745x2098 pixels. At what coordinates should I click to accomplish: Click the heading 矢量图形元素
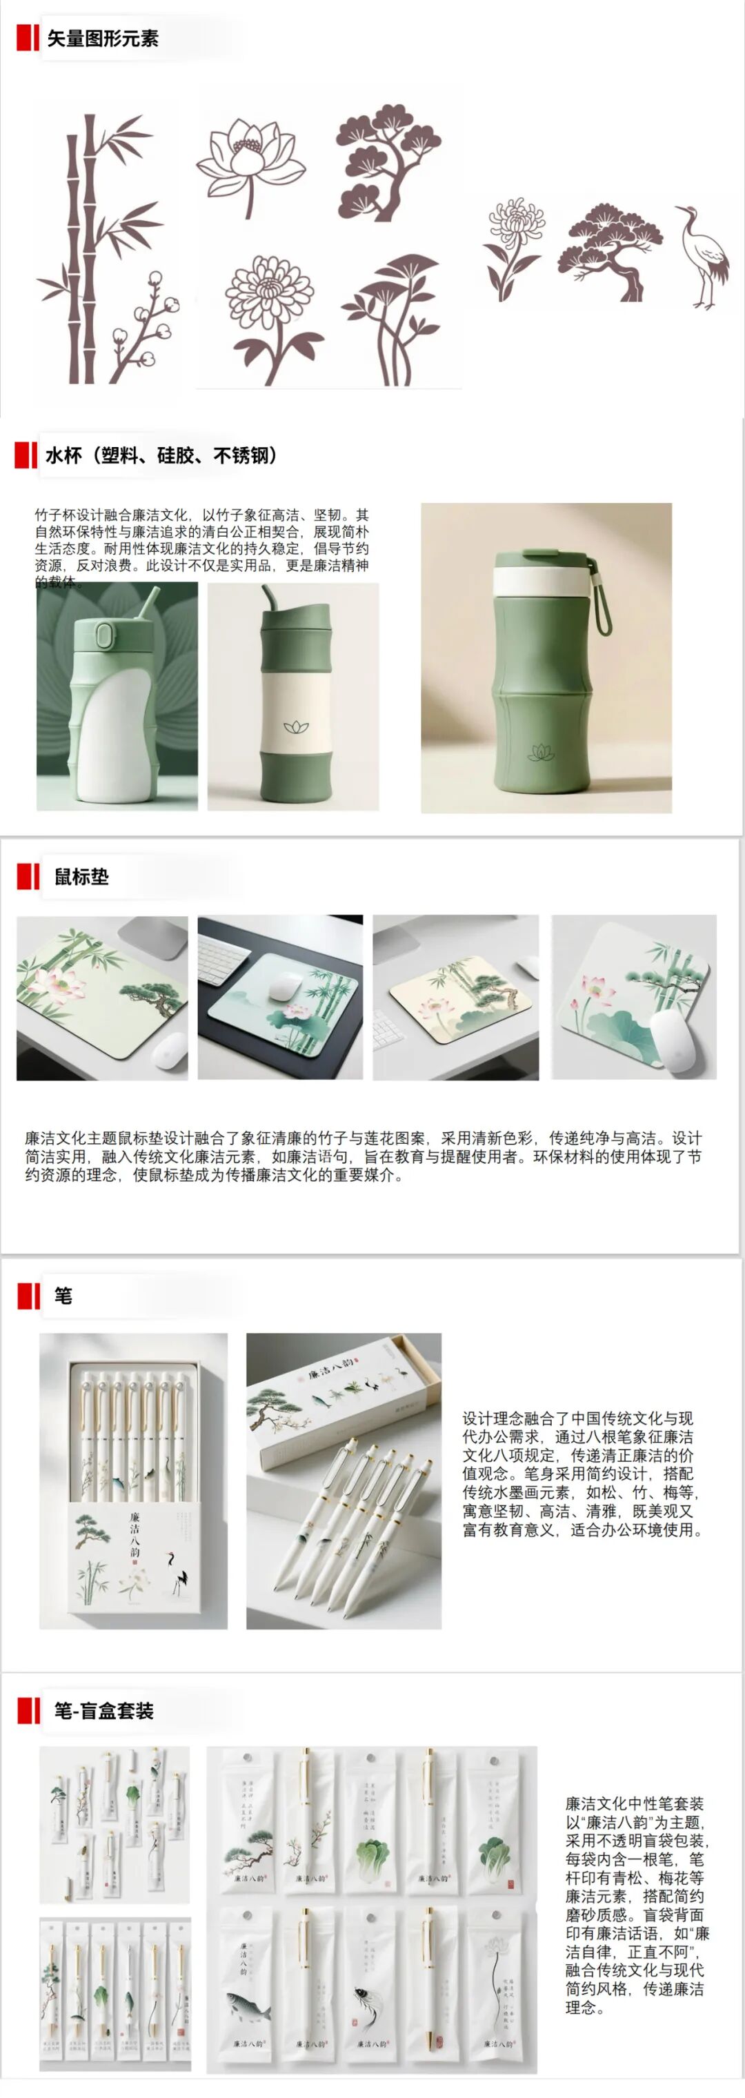point(102,38)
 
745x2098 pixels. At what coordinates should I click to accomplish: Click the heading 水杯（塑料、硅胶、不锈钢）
point(161,455)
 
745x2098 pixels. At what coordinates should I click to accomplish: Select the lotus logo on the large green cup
point(541,753)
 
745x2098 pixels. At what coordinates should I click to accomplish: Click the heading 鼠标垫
point(81,876)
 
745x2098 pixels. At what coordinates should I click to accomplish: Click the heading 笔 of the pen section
point(63,1296)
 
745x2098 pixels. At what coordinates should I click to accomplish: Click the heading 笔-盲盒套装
point(103,1710)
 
